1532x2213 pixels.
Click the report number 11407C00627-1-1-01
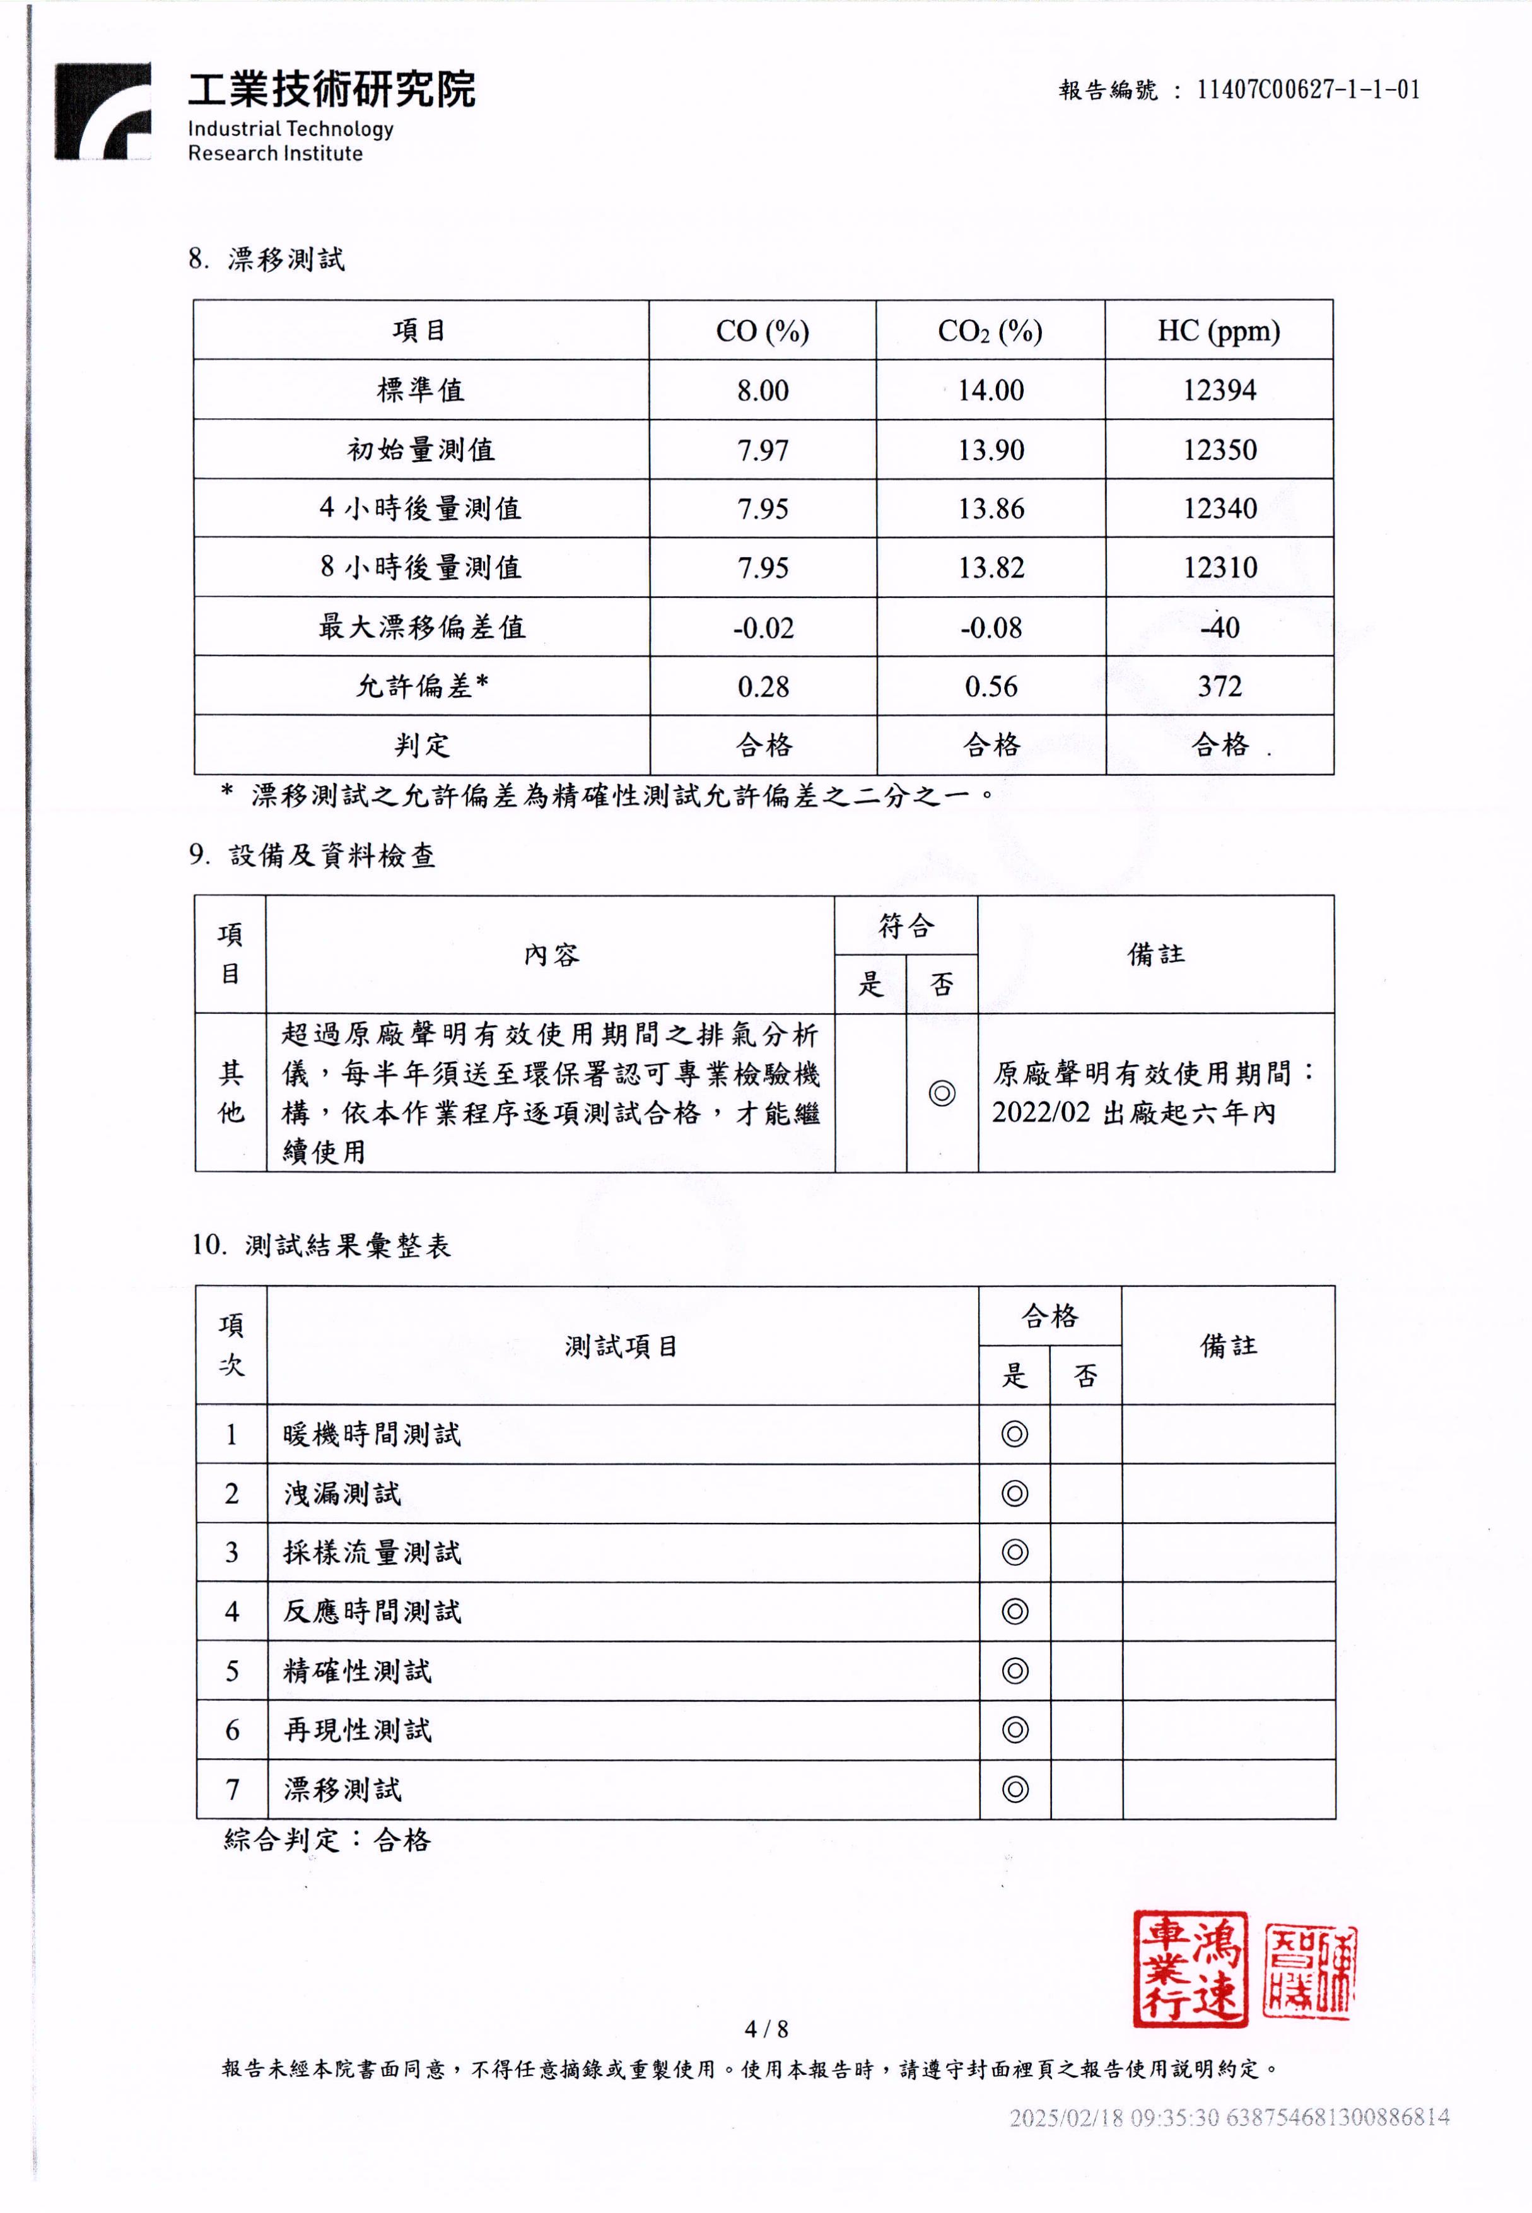point(1307,90)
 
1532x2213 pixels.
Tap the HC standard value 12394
point(1219,390)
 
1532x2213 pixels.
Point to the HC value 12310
point(1219,567)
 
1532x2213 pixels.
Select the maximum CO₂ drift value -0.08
point(991,628)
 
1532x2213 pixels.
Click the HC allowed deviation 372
point(1219,686)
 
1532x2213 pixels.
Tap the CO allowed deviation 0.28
point(763,686)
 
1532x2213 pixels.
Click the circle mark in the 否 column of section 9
point(942,1093)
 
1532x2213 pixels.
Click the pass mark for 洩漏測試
point(1015,1493)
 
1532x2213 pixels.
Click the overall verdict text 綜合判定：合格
point(327,1840)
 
